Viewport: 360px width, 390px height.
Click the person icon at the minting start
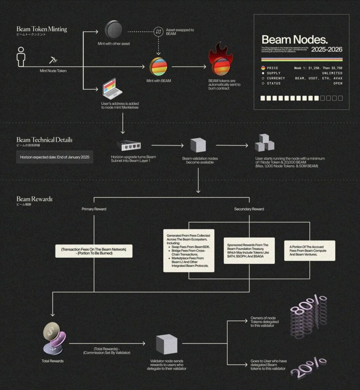tap(21, 57)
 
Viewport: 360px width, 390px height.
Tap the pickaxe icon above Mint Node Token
tap(53, 60)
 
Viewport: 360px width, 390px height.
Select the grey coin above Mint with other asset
tap(114, 30)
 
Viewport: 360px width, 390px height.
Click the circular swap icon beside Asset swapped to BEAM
tap(159, 32)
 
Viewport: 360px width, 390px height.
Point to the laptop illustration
tap(112, 88)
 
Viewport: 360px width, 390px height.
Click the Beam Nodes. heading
tap(295, 39)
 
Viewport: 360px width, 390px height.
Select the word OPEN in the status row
tap(338, 83)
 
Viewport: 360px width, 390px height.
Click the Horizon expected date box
tap(54, 157)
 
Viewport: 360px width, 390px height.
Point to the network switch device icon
tap(129, 145)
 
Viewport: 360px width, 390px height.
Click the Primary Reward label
tap(94, 209)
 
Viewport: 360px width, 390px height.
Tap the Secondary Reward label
tap(249, 209)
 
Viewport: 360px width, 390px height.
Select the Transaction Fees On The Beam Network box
tap(94, 251)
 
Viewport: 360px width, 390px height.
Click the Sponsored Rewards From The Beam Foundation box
tap(249, 251)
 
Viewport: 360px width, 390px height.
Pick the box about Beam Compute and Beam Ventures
tap(309, 251)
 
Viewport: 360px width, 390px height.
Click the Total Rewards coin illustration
tap(54, 337)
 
